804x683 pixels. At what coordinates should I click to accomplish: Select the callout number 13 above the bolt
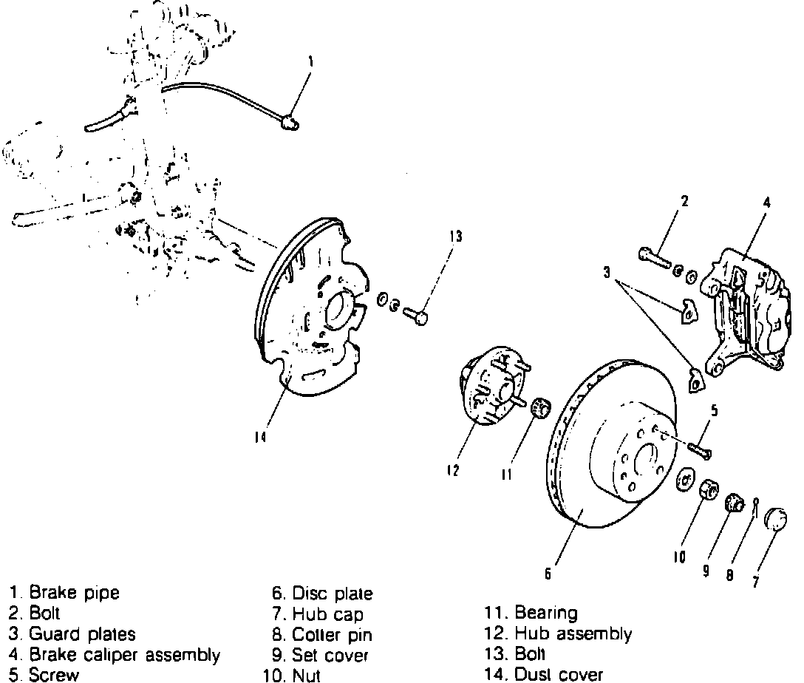(455, 237)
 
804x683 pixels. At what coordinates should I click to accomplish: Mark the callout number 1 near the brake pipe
(310, 63)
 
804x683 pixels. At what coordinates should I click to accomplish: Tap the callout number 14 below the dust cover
(260, 438)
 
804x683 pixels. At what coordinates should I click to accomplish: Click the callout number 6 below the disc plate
(548, 573)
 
